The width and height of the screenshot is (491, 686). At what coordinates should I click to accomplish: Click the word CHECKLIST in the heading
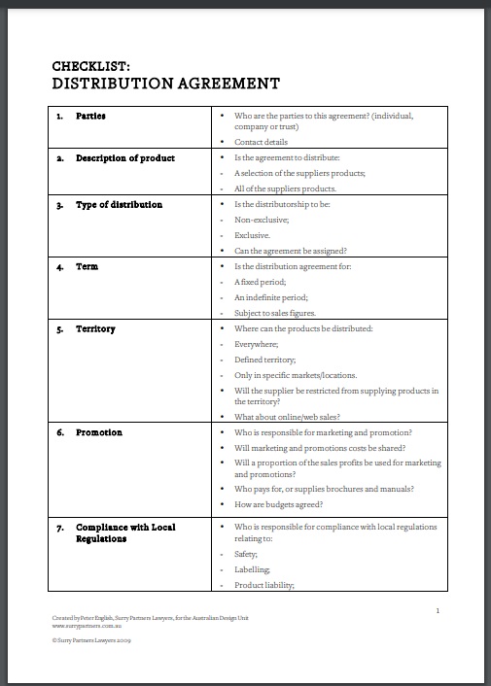[88, 66]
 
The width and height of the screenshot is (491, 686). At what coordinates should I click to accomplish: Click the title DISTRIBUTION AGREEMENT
[166, 84]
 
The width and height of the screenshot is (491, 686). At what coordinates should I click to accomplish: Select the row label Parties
[90, 116]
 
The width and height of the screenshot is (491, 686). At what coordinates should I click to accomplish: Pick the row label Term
[87, 266]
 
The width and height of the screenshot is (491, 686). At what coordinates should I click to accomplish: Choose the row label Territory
[95, 328]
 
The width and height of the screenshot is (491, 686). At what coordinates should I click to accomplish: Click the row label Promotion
[99, 432]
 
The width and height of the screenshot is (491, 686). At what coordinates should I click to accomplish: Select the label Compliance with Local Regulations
[125, 532]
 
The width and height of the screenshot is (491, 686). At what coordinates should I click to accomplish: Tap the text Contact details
[261, 142]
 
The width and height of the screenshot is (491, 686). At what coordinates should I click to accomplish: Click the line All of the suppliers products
[285, 189]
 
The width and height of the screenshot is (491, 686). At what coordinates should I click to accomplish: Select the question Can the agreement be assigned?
[291, 251]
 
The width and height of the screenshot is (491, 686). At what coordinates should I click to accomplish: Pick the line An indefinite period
[271, 297]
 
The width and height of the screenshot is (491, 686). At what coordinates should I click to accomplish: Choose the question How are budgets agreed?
[278, 504]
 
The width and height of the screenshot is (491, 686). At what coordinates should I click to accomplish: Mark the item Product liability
[264, 585]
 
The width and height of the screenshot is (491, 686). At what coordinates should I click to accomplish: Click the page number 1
[438, 610]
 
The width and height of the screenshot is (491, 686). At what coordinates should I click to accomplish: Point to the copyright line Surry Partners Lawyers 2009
[93, 640]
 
